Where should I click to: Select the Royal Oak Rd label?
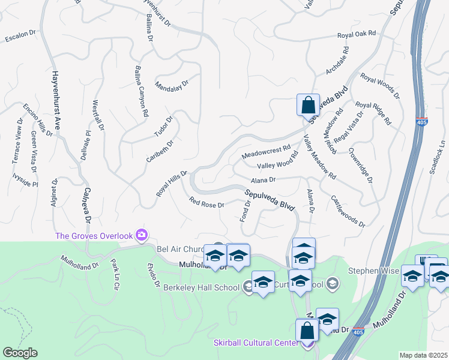[x=356, y=35]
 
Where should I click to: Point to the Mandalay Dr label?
[x=172, y=84]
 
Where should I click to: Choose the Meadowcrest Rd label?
[x=266, y=151]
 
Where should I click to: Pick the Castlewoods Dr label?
[x=348, y=211]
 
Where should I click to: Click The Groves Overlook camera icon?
[x=142, y=234]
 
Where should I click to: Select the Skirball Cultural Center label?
[x=256, y=343]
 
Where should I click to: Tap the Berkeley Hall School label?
[x=201, y=287]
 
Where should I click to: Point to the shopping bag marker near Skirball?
[x=307, y=330]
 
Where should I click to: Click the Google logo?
[x=20, y=353]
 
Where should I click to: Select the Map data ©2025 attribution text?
[x=423, y=355]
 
